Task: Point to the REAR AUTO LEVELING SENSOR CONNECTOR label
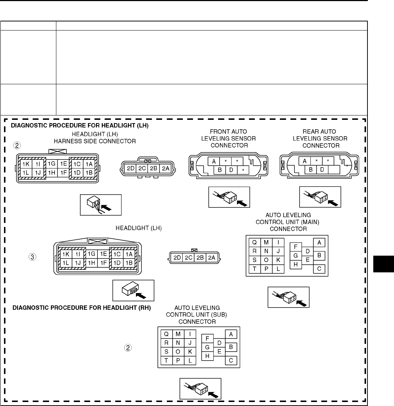tap(320, 138)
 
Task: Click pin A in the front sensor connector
tap(213, 161)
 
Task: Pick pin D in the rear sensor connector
tap(322, 169)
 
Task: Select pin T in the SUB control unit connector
tap(166, 361)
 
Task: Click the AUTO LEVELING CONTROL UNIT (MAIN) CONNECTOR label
tap(286, 222)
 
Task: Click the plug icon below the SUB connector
tap(200, 389)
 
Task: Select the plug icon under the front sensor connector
tap(229, 197)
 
